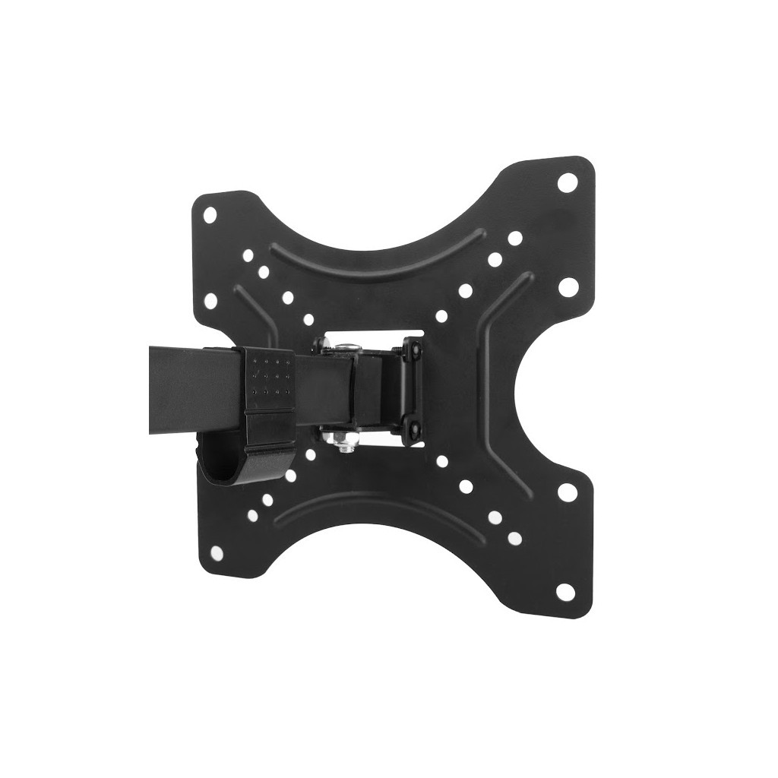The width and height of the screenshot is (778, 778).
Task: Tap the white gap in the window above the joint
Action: coord(365,339)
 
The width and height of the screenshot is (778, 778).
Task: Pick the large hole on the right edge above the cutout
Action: coord(568,286)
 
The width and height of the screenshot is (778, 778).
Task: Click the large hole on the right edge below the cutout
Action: coord(565,492)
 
